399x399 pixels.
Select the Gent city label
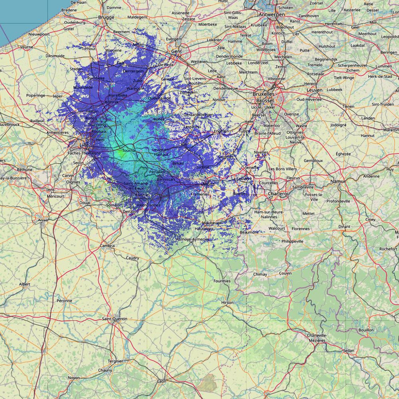(x=177, y=51)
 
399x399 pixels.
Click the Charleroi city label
(x=278, y=193)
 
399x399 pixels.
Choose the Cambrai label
(x=107, y=245)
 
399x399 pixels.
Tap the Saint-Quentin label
(x=115, y=319)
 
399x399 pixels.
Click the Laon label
(x=162, y=381)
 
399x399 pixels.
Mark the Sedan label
(x=349, y=351)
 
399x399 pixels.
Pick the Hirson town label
(x=227, y=303)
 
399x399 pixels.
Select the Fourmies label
(x=222, y=281)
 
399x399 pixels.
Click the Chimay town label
(x=260, y=274)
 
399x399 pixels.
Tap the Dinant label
(x=344, y=226)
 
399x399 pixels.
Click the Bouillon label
(x=366, y=330)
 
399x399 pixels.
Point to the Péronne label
(x=64, y=301)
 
